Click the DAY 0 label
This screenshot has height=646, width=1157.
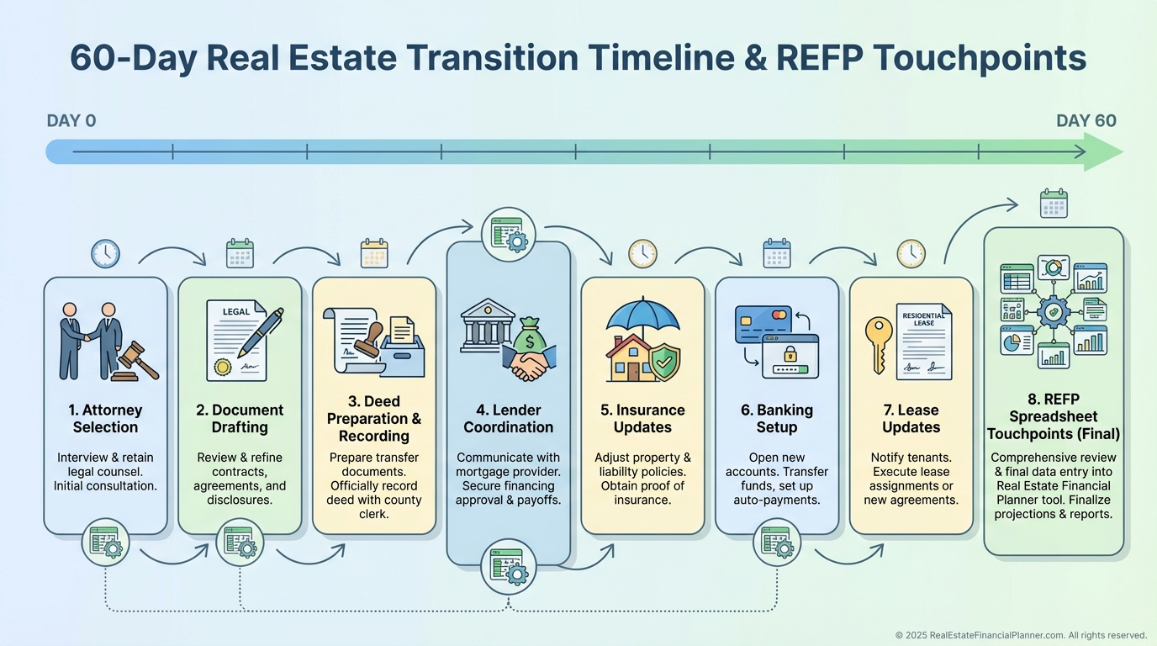point(71,121)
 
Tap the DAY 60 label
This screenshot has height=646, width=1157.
point(1086,121)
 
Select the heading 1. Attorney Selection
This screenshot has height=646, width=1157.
point(105,419)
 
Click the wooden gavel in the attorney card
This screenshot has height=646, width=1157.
point(135,362)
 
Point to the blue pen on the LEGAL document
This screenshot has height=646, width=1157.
point(261,331)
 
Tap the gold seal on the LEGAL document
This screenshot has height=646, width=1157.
point(223,367)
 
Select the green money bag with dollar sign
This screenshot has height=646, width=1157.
point(530,336)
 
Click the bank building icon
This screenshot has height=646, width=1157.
point(487,325)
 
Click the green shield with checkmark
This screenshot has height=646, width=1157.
point(665,362)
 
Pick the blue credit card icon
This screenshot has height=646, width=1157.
point(763,324)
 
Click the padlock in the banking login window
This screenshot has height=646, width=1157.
point(790,354)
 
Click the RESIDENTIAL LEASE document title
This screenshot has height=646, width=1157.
point(923,319)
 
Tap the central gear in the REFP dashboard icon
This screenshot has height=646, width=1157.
point(1054,312)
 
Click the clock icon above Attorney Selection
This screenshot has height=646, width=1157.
point(105,254)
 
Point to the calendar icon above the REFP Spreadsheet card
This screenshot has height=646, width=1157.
point(1054,204)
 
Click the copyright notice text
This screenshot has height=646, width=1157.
point(1021,635)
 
